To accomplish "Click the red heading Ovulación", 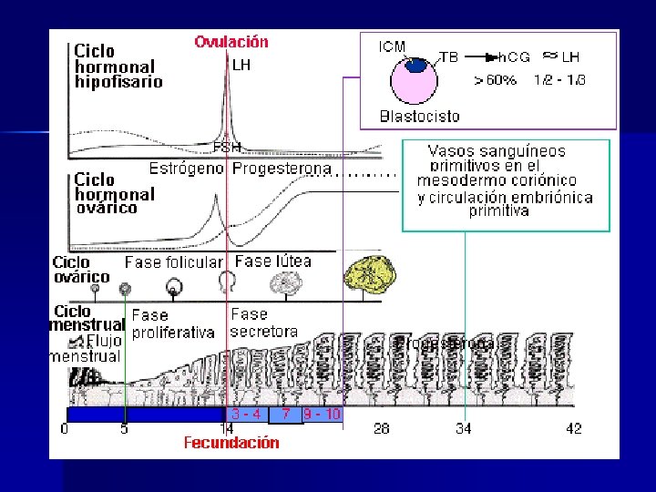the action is pyautogui.click(x=231, y=42).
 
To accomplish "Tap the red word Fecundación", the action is pyautogui.click(x=231, y=444).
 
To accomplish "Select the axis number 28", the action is pyautogui.click(x=382, y=428).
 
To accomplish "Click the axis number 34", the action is pyautogui.click(x=463, y=428).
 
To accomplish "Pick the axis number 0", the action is pyautogui.click(x=65, y=428).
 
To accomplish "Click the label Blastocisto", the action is pyautogui.click(x=419, y=117).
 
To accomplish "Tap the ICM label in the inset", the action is pyautogui.click(x=392, y=46).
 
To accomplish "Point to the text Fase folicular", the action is pyautogui.click(x=173, y=262).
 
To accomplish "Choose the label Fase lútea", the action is pyautogui.click(x=272, y=261).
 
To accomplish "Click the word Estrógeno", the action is pyautogui.click(x=187, y=169).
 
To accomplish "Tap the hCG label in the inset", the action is pyautogui.click(x=515, y=56).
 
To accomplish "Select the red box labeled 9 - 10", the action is pyautogui.click(x=322, y=414).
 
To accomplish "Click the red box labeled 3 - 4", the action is pyautogui.click(x=246, y=414).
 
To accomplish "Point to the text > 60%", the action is pyautogui.click(x=495, y=80).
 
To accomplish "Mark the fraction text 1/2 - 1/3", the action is pyautogui.click(x=559, y=80).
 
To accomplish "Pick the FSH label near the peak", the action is pyautogui.click(x=227, y=146).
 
